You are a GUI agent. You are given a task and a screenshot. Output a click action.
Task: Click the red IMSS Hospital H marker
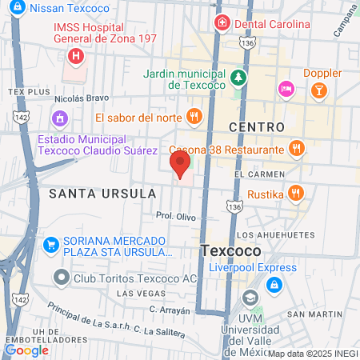pos(76,56)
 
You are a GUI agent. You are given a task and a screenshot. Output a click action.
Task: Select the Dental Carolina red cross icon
pos(221,23)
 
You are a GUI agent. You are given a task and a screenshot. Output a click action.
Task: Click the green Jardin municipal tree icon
pos(238,78)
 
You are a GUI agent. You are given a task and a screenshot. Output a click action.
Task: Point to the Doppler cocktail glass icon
pos(318,88)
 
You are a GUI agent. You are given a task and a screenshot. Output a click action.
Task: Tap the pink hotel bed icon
pos(284,88)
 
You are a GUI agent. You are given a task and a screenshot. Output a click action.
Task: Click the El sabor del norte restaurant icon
pos(194,117)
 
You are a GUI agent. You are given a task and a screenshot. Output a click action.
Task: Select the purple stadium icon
pos(58,118)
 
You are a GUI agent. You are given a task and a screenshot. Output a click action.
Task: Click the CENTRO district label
pos(256,127)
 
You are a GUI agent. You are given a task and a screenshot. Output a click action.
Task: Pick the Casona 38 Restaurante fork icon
pos(296,148)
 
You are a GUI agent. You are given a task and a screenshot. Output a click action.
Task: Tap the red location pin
pos(179,165)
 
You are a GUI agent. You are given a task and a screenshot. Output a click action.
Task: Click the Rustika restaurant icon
pos(296,192)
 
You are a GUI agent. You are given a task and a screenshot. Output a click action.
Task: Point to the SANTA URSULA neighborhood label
pos(91,194)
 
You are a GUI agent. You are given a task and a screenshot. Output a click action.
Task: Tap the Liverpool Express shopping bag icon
pos(274,284)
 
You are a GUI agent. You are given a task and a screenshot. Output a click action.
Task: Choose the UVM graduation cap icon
pos(252,298)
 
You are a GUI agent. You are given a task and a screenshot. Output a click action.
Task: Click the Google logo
pos(26,350)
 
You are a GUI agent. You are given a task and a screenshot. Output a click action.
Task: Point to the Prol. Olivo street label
pos(176,216)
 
